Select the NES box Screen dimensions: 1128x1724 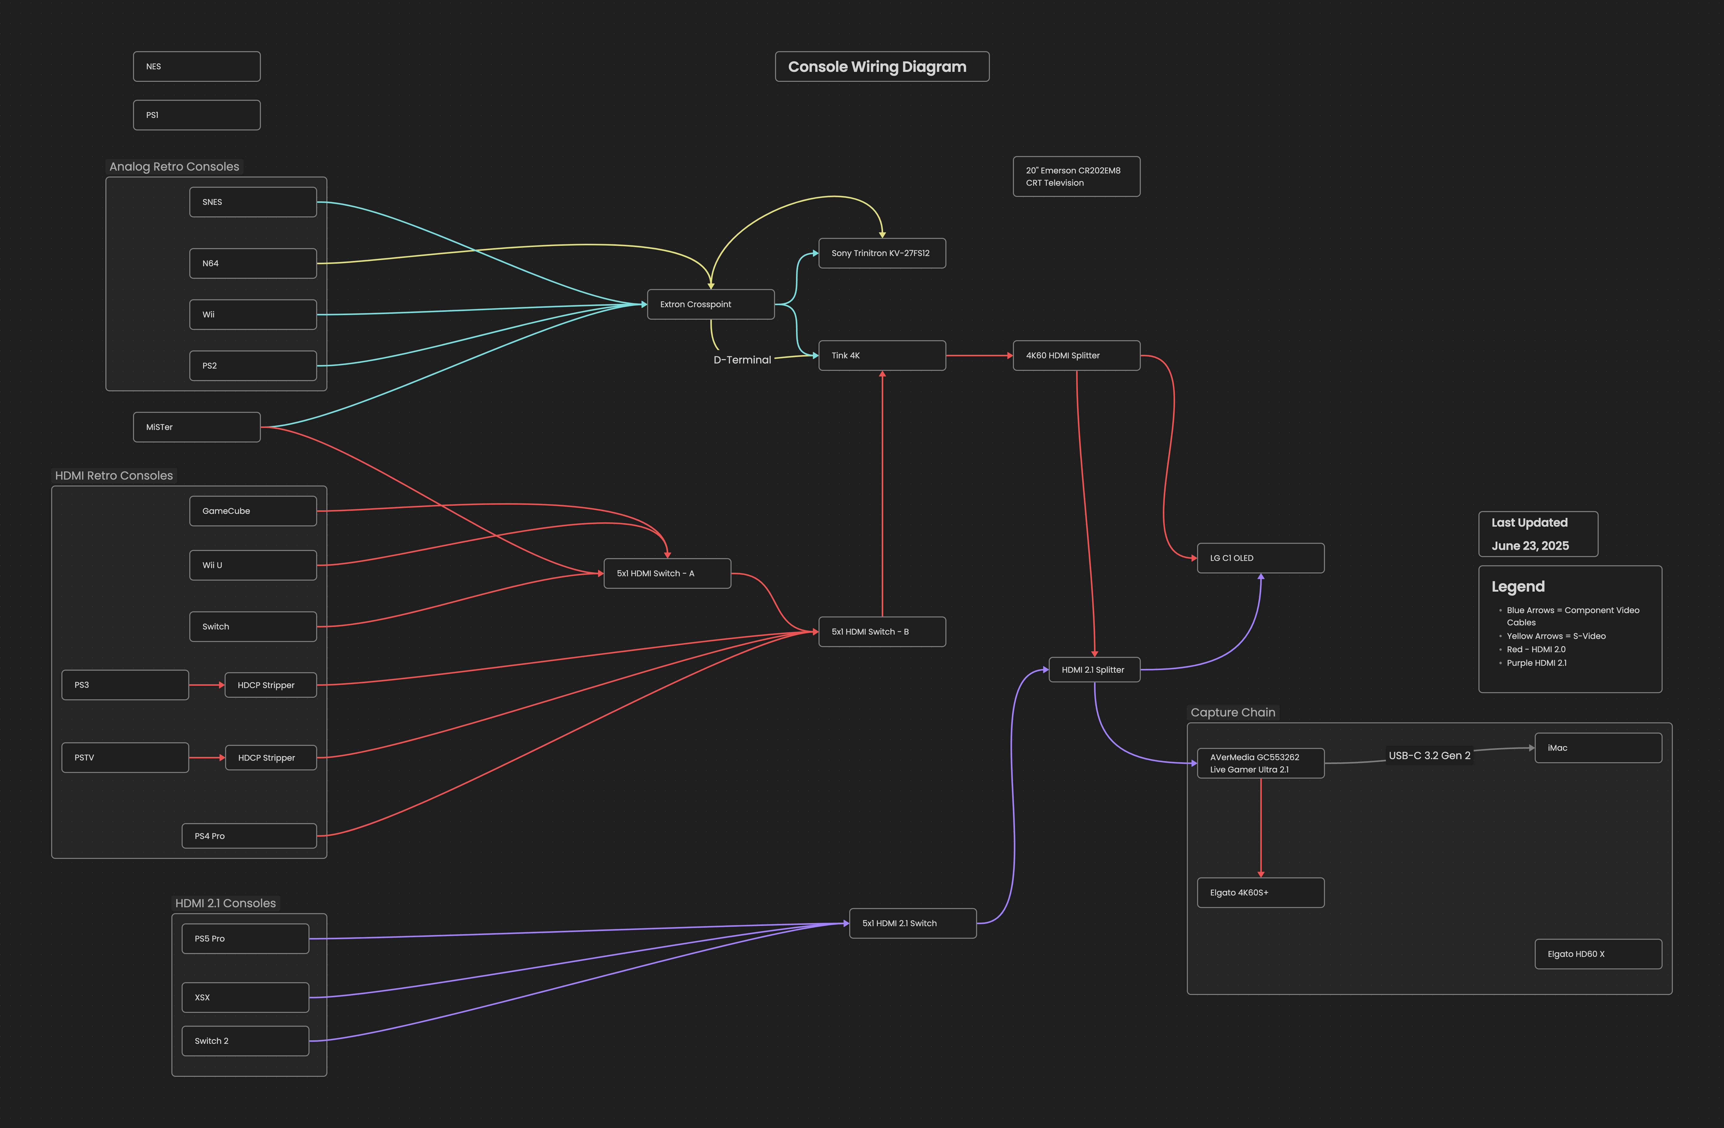tap(196, 67)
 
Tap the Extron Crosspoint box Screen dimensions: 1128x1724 tap(710, 304)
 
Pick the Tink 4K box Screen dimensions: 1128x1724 tap(881, 356)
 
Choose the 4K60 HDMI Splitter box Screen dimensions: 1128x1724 tap(1076, 356)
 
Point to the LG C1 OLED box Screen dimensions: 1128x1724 tap(1261, 558)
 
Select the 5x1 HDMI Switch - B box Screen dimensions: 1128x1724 tap(881, 632)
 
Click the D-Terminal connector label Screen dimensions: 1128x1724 tap(742, 360)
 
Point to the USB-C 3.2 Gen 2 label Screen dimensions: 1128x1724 tap(1429, 756)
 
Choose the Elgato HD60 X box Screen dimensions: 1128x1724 tap(1598, 954)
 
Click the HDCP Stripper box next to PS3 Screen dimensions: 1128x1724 tap(270, 685)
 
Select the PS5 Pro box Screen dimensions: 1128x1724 tap(245, 939)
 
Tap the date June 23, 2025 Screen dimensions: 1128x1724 tap(1530, 546)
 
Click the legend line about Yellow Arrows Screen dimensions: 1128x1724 tap(1556, 636)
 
